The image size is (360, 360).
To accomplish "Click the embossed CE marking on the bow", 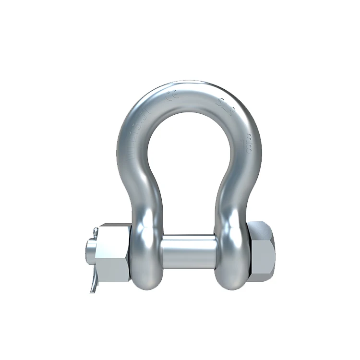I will [x=170, y=96].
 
